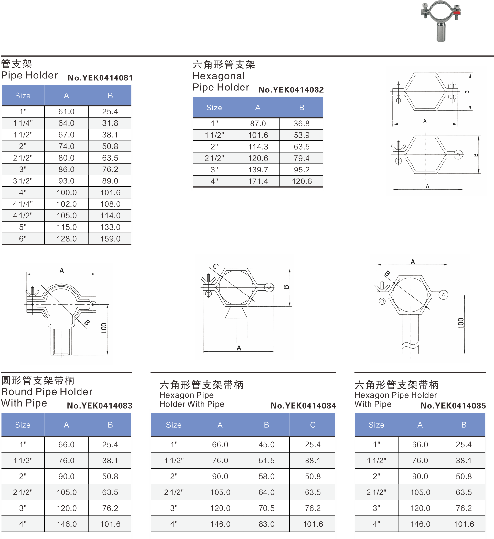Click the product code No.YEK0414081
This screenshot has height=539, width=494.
tap(100, 78)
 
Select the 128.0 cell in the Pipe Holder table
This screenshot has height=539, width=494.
tap(67, 239)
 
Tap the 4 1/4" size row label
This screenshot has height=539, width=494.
tap(23, 204)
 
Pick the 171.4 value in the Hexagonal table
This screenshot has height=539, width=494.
tap(258, 181)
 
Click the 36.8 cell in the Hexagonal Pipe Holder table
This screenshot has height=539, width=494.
tap(302, 124)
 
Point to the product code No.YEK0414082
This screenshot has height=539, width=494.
tap(291, 90)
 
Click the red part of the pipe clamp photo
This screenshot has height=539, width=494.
tap(456, 13)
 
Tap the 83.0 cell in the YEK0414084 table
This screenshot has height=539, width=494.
tap(266, 524)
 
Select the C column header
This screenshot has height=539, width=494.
tap(313, 425)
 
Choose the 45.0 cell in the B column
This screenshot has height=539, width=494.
tap(266, 445)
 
